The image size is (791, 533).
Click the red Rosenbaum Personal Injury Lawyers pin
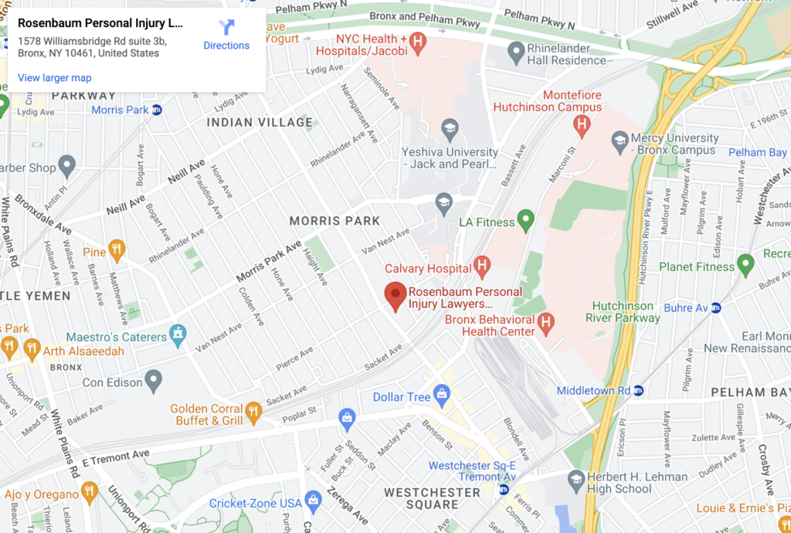pyautogui.click(x=395, y=295)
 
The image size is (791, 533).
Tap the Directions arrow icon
pyautogui.click(x=226, y=28)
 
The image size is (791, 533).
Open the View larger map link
pyautogui.click(x=54, y=78)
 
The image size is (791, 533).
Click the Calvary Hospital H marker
pyautogui.click(x=482, y=267)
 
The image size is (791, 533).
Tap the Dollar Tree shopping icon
pyautogui.click(x=442, y=396)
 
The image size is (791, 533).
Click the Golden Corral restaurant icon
pyautogui.click(x=253, y=412)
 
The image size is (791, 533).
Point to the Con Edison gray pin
pyautogui.click(x=154, y=380)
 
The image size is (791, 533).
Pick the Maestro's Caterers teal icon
pyautogui.click(x=178, y=335)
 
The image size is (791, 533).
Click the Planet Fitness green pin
pyautogui.click(x=745, y=265)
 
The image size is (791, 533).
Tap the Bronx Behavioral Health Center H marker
pyautogui.click(x=546, y=322)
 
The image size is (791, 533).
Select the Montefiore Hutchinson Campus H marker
pyautogui.click(x=582, y=123)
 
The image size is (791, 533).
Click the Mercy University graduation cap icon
pyautogui.click(x=620, y=140)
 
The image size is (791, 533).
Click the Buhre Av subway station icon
pyautogui.click(x=715, y=307)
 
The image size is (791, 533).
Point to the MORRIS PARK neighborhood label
pyautogui.click(x=334, y=221)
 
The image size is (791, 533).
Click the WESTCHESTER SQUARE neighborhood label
pyautogui.click(x=421, y=498)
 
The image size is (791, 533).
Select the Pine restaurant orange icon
pyautogui.click(x=117, y=250)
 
